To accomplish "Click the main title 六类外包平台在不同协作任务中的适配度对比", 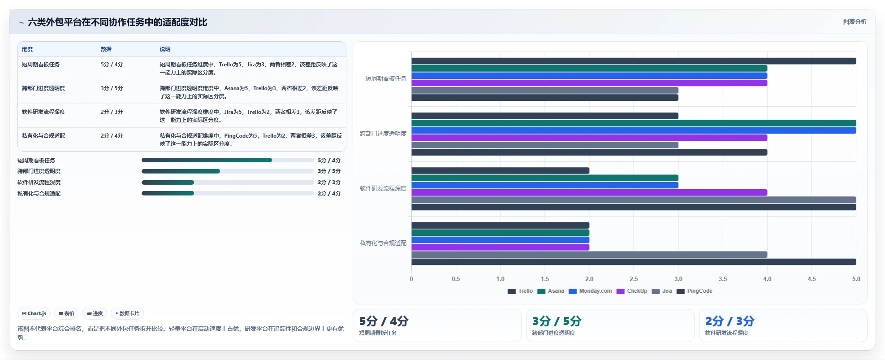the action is tap(117, 22).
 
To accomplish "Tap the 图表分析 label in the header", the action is tap(855, 22).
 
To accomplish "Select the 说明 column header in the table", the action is tap(165, 49).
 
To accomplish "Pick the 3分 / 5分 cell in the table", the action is tap(112, 88).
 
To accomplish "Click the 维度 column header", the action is tap(27, 49).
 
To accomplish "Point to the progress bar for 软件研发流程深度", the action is tap(228, 182).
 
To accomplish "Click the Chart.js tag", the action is tap(34, 313).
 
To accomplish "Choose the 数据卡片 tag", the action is tap(127, 313).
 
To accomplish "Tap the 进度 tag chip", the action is tap(95, 313).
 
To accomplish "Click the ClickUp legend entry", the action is tap(632, 291).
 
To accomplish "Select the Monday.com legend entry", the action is tap(590, 291).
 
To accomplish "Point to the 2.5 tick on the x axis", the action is tap(634, 279).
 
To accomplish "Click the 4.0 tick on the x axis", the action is tap(767, 279).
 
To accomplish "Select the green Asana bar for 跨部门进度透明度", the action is tap(634, 123).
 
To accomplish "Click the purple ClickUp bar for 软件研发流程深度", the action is tap(589, 192).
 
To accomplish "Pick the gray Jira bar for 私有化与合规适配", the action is tap(589, 255).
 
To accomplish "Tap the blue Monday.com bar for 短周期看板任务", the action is tap(589, 76).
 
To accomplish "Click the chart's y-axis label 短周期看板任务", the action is tap(386, 78).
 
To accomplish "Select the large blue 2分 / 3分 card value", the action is tap(730, 321).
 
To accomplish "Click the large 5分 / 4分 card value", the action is tap(384, 321).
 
